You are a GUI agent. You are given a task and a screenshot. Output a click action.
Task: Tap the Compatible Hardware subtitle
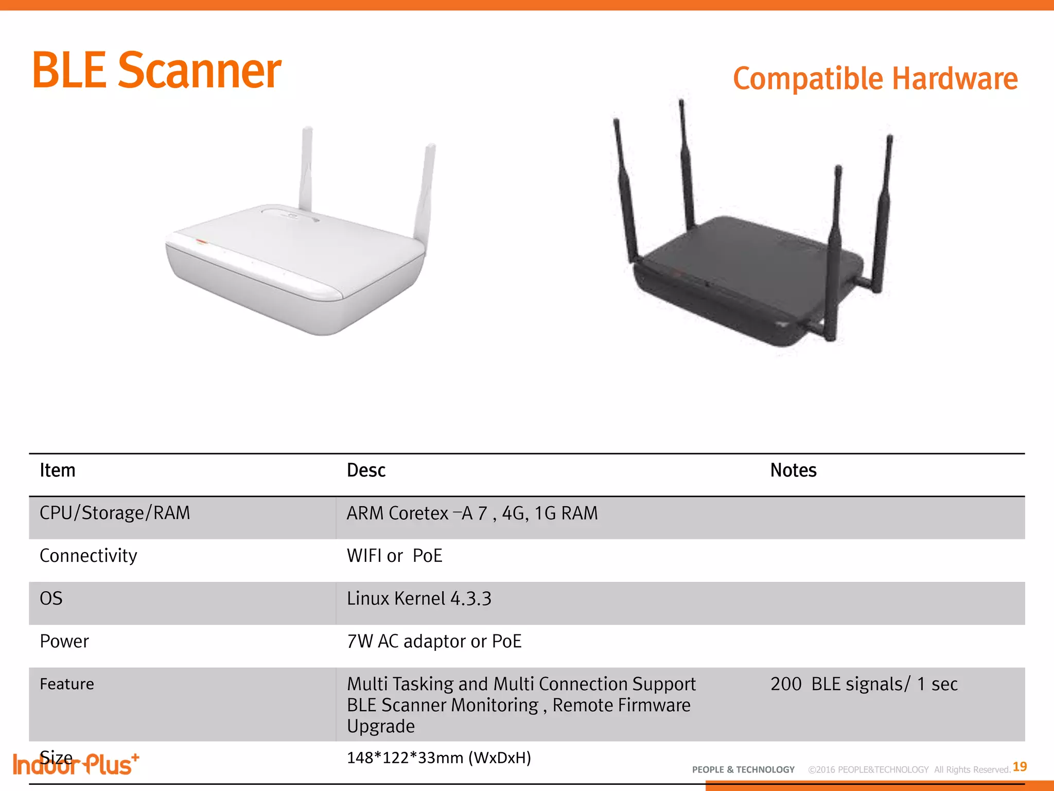pos(875,79)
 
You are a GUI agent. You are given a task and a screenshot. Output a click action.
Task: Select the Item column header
pos(58,470)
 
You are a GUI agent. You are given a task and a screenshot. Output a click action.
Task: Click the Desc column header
pos(366,470)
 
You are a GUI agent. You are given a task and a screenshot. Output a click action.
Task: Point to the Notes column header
pos(793,470)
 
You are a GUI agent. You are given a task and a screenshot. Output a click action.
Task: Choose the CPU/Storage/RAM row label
pos(115,513)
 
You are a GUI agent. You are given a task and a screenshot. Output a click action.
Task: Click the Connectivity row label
pos(89,556)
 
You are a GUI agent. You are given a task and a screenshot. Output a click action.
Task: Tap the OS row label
pos(51,598)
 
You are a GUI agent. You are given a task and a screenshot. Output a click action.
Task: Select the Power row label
pos(64,641)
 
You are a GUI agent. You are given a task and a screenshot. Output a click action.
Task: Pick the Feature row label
pos(67,684)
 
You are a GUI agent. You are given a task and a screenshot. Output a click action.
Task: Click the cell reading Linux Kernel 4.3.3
pos(419,598)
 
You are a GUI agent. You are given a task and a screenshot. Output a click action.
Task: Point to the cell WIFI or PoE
pos(394,556)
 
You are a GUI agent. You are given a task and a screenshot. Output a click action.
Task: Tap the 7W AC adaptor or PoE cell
pos(434,641)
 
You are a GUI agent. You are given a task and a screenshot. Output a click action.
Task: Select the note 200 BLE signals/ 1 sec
pos(864,684)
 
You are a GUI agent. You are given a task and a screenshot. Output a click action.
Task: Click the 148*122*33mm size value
pos(438,758)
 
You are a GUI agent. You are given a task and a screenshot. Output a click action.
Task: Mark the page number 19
pos(1020,767)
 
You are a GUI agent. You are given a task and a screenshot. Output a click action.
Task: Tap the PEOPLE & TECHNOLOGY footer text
pos(743,770)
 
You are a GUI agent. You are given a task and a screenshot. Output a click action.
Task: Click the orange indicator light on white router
pos(201,242)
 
